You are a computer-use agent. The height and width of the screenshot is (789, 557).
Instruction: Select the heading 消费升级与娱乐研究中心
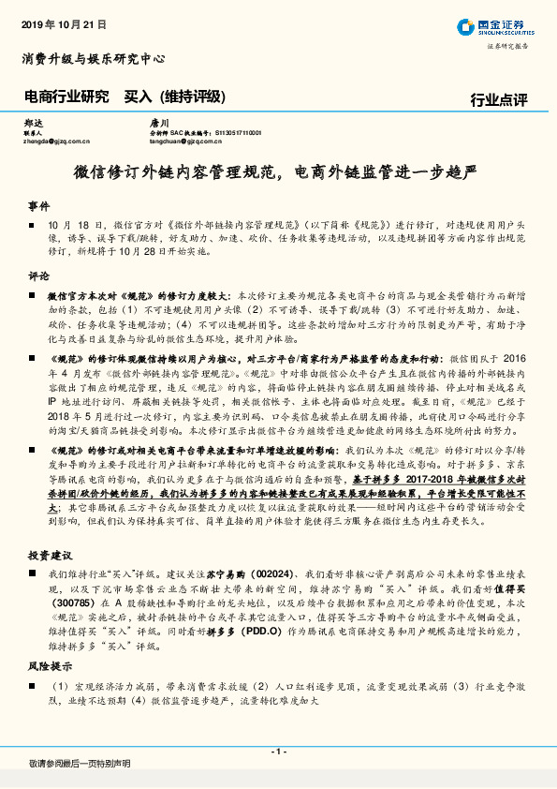pos(94,59)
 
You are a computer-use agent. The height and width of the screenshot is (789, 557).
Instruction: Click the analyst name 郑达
pos(34,123)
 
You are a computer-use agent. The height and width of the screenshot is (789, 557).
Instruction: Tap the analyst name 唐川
pos(159,123)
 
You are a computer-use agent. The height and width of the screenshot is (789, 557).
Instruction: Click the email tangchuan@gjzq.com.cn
pos(190,141)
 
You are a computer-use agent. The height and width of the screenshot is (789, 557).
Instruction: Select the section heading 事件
pos(38,204)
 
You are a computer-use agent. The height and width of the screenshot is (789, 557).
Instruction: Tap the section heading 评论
pos(38,276)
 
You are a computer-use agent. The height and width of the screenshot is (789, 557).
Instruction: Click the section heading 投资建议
pos(51,556)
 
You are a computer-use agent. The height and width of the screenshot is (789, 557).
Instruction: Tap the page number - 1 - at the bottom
pos(278,752)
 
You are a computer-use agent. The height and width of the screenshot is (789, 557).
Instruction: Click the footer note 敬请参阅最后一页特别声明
pos(80,764)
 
